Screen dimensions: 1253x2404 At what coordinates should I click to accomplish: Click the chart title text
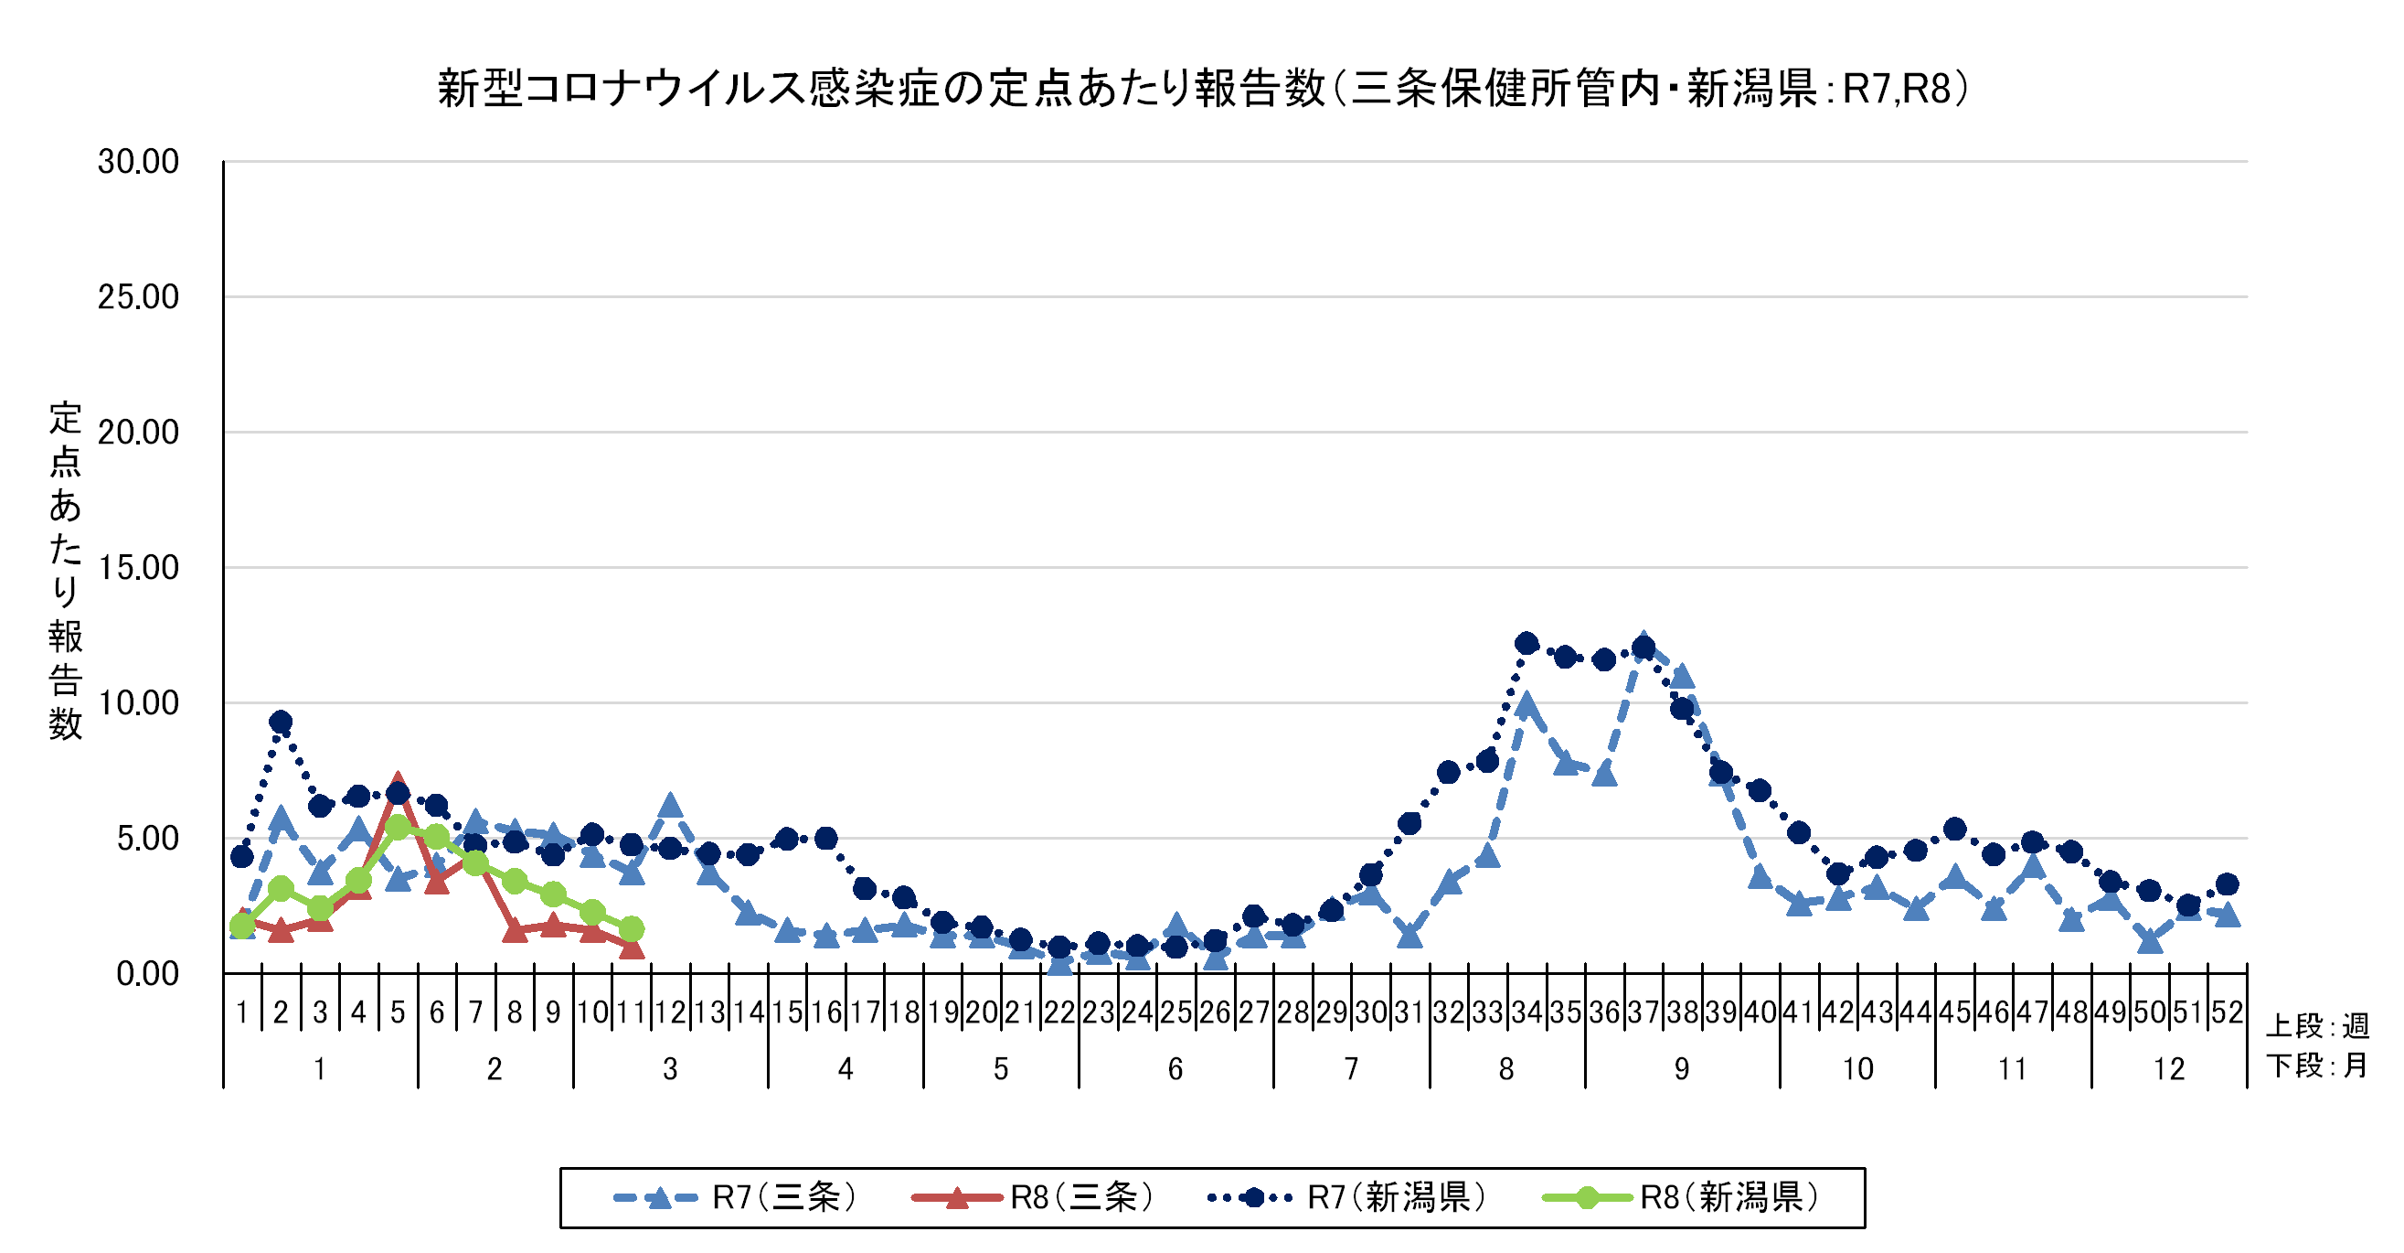(1203, 89)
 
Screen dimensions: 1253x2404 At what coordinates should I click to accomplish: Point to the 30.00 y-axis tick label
(138, 162)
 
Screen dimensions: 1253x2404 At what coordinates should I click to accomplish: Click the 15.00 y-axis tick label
(138, 568)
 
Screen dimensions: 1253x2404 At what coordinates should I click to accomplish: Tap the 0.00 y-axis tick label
(147, 974)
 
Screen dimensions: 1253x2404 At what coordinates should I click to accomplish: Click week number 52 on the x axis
(2227, 1012)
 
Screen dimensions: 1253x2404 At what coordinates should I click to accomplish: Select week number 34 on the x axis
(1526, 1012)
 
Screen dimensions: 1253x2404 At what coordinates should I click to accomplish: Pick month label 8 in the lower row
(1506, 1069)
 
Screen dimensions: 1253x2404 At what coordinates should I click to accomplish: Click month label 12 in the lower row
(2169, 1069)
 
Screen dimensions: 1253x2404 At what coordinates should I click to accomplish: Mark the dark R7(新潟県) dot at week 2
(281, 722)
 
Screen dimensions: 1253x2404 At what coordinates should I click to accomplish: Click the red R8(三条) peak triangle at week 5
(398, 782)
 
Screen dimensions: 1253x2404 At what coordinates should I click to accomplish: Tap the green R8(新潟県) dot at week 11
(632, 929)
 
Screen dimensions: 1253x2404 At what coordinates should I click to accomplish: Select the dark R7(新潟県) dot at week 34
(1526, 642)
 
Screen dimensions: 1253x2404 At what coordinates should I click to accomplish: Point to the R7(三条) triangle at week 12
(670, 806)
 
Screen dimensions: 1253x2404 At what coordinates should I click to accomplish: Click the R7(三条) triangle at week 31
(1410, 936)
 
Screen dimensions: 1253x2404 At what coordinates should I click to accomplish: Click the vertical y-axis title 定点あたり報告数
(65, 570)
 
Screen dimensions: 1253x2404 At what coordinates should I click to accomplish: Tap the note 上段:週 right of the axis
(2318, 1026)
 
